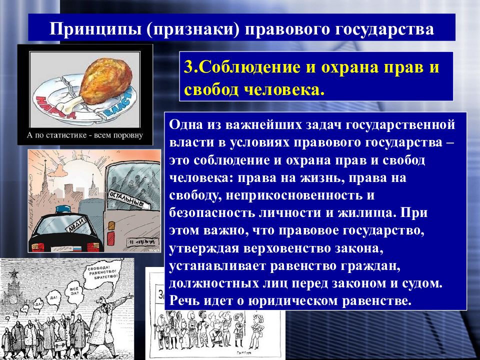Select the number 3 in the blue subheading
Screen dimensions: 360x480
point(188,68)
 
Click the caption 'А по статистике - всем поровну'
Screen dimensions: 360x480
point(85,135)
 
